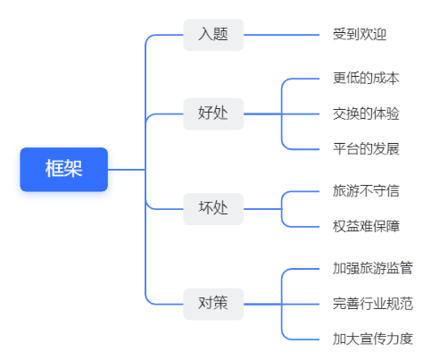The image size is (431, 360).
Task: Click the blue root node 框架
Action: pos(64,170)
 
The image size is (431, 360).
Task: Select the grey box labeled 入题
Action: pos(213,35)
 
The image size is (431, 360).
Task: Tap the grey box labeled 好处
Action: pos(213,113)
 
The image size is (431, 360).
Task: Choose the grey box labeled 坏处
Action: pos(213,209)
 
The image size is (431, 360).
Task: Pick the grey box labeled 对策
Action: pos(213,304)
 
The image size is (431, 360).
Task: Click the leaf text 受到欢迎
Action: pos(360,34)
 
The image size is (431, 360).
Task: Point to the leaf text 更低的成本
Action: pos(366,79)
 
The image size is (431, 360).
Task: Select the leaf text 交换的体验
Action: pos(366,113)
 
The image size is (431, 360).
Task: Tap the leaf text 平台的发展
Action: pos(366,149)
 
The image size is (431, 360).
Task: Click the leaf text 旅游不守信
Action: pos(366,191)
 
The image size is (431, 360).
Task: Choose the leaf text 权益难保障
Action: pos(366,226)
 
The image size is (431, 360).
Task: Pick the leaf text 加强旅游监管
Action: pos(373,268)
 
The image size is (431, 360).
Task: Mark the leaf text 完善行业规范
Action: pos(373,304)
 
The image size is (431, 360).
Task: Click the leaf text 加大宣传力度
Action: pos(373,339)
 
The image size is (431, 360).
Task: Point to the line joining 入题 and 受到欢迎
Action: pos(282,35)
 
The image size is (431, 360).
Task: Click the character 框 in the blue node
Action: pos(54,169)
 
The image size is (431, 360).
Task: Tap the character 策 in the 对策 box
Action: pos(220,304)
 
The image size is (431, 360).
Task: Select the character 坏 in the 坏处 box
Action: pos(206,208)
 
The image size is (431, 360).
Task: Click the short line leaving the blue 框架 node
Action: pos(127,170)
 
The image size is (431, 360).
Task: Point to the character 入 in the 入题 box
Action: pos(206,34)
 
